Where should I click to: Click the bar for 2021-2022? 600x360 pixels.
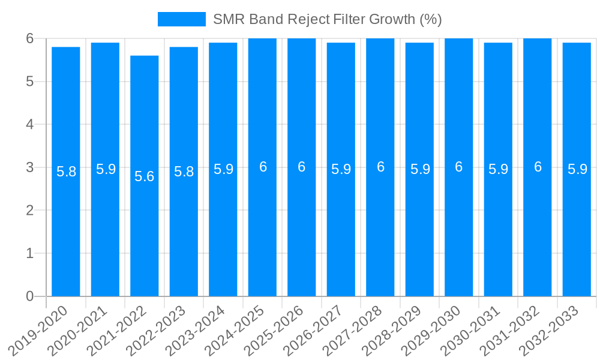pyautogui.click(x=145, y=228)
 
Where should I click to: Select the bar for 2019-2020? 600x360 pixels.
pyautogui.click(x=66, y=228)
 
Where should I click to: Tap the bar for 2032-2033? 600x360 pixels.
pyautogui.click(x=577, y=228)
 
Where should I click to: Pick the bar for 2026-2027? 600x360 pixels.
pyautogui.click(x=341, y=228)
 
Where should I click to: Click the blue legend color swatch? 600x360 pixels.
pyautogui.click(x=181, y=19)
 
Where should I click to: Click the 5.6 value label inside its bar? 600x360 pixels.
pyautogui.click(x=145, y=176)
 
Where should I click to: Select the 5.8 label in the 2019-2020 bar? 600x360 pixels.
pyautogui.click(x=66, y=172)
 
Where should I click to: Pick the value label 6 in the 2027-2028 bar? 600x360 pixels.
pyautogui.click(x=380, y=167)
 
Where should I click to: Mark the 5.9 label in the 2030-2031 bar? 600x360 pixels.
pyautogui.click(x=498, y=170)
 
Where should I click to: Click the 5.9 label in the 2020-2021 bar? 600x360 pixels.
pyautogui.click(x=106, y=170)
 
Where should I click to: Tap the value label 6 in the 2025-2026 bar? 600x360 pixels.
pyautogui.click(x=302, y=167)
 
